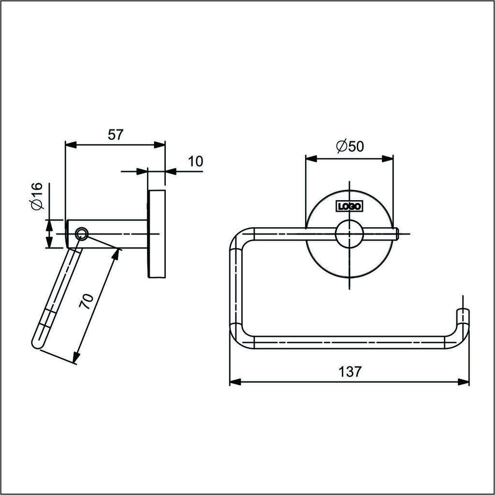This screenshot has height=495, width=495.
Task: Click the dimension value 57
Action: click(115, 135)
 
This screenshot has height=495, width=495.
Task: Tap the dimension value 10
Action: click(196, 161)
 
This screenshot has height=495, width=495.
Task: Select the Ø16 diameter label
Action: click(37, 196)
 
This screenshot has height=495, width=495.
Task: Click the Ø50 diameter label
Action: click(350, 146)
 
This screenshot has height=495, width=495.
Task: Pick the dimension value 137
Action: click(349, 372)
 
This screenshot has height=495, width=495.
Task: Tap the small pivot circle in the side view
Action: click(82, 234)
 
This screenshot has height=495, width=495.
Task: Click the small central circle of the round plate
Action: click(349, 234)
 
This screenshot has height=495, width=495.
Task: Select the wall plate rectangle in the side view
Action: click(157, 234)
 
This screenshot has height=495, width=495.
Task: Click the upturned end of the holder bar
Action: click(463, 317)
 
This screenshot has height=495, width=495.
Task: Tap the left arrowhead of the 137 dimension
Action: click(235, 382)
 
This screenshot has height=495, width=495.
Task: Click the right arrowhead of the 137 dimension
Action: click(463, 382)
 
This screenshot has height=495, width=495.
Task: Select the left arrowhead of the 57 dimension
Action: click(71, 145)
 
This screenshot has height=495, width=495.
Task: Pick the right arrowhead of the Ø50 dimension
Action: click(387, 159)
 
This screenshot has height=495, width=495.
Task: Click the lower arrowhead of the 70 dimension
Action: click(76, 358)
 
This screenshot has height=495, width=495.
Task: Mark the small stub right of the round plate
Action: click(396, 234)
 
